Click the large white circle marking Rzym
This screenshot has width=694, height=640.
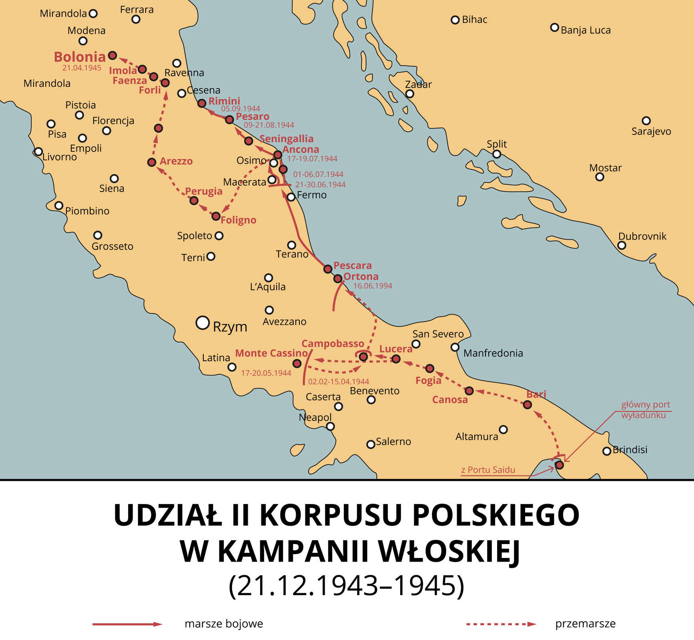[x=203, y=322]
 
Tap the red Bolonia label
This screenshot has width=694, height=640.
[x=80, y=57]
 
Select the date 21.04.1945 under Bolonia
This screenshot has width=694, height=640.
[x=82, y=68]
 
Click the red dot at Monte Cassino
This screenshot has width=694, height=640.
[x=297, y=363]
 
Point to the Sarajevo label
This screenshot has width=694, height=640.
[x=651, y=131]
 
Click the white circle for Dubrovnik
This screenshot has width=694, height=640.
[x=622, y=245]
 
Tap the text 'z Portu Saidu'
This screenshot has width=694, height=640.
[x=488, y=470]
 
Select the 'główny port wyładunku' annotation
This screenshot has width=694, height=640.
[x=645, y=410]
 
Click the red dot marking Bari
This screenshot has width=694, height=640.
[x=528, y=405]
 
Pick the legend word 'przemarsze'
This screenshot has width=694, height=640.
[x=585, y=624]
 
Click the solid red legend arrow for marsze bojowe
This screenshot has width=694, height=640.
[x=127, y=624]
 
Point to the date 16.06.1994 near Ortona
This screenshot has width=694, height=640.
[x=372, y=286]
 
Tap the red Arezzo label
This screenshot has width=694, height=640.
[x=176, y=161]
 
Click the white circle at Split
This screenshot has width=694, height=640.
[x=497, y=154]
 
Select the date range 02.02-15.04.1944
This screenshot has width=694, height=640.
[x=339, y=382]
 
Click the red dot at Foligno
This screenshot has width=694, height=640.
[x=216, y=216]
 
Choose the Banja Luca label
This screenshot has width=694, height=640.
[x=586, y=30]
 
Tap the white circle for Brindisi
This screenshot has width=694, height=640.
[x=607, y=451]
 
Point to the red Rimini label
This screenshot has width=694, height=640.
[x=224, y=101]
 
